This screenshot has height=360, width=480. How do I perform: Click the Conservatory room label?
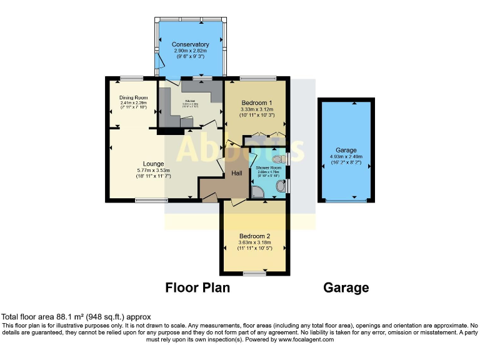coord(190,44)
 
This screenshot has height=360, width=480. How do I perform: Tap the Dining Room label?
coord(133,97)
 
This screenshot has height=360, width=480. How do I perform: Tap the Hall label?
coord(237,173)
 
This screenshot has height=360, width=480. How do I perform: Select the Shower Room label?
coord(268,167)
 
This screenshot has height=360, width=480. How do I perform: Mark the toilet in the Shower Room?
coord(278,159)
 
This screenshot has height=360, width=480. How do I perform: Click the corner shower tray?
coord(257,191)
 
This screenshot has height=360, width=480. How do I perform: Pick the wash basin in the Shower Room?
coord(281,186)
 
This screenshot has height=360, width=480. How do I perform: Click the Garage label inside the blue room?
coord(346,151)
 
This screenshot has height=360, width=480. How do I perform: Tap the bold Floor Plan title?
coord(197,288)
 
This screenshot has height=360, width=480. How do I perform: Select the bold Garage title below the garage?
coord(346,288)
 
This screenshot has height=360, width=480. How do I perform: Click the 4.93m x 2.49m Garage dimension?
coord(346,158)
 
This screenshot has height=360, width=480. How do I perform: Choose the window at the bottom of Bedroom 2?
coord(254,273)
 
